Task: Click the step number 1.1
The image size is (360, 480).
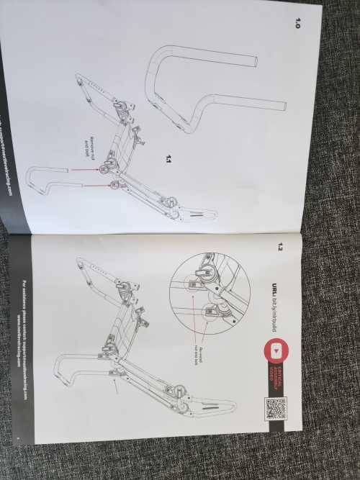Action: (168, 158)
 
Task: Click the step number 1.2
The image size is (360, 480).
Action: (281, 248)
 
